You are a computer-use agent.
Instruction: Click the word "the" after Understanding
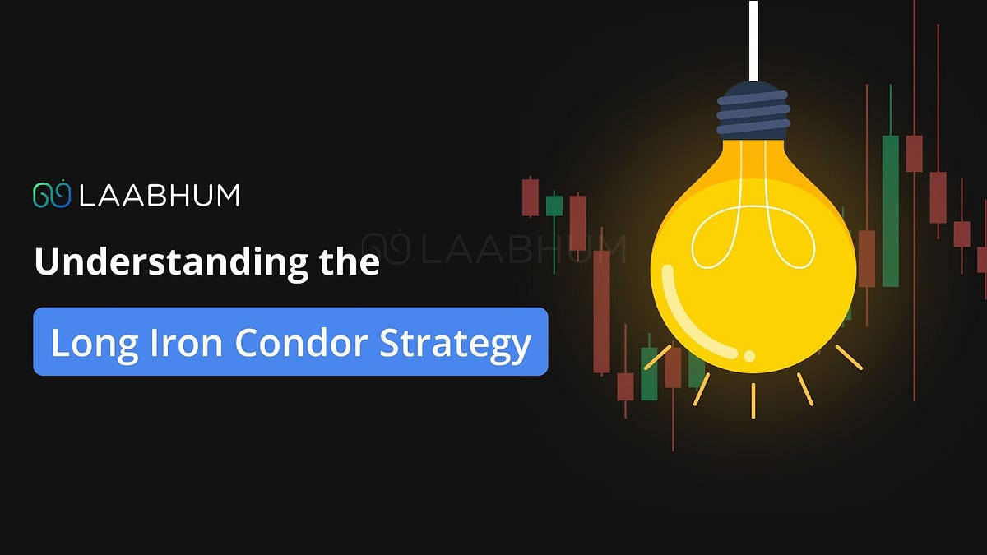(x=346, y=262)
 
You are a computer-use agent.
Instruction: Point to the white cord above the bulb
(x=753, y=41)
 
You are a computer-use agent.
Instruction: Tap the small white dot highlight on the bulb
(x=749, y=355)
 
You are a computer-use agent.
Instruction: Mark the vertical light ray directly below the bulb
(x=753, y=400)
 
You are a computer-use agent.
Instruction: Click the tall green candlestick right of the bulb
(x=890, y=210)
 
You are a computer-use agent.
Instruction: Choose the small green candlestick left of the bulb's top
(x=554, y=205)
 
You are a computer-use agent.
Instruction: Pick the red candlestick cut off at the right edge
(x=982, y=259)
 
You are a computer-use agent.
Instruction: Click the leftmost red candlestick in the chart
(x=531, y=197)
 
